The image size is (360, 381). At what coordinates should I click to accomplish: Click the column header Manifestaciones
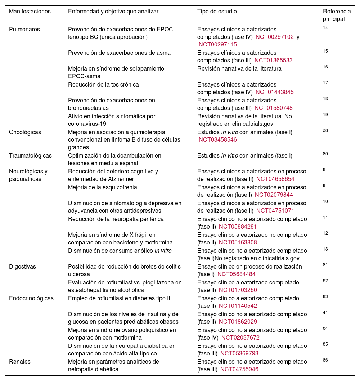click(x=30, y=12)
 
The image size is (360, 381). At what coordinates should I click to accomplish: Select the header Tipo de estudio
click(x=217, y=12)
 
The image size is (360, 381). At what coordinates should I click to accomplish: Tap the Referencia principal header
click(x=337, y=15)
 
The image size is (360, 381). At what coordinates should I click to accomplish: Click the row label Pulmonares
click(x=24, y=29)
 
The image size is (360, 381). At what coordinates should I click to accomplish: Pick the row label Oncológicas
click(x=25, y=132)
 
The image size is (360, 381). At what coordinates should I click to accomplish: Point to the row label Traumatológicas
click(x=30, y=156)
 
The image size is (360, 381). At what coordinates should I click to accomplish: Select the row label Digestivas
click(x=23, y=267)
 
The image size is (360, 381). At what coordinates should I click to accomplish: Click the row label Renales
click(x=20, y=362)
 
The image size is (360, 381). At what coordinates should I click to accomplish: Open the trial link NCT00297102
click(x=275, y=37)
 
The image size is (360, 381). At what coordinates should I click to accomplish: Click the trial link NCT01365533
click(x=273, y=61)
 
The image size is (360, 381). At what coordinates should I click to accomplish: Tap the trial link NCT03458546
click(x=218, y=140)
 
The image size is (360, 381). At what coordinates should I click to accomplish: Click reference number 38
click(x=325, y=130)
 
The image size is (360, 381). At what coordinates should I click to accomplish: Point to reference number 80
click(x=325, y=154)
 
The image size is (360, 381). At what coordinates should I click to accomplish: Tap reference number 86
click(x=325, y=360)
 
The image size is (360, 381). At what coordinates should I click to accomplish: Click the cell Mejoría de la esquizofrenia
click(x=103, y=187)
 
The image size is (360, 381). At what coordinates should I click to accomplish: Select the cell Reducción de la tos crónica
click(x=103, y=84)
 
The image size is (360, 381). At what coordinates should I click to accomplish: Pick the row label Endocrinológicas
click(x=31, y=298)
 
